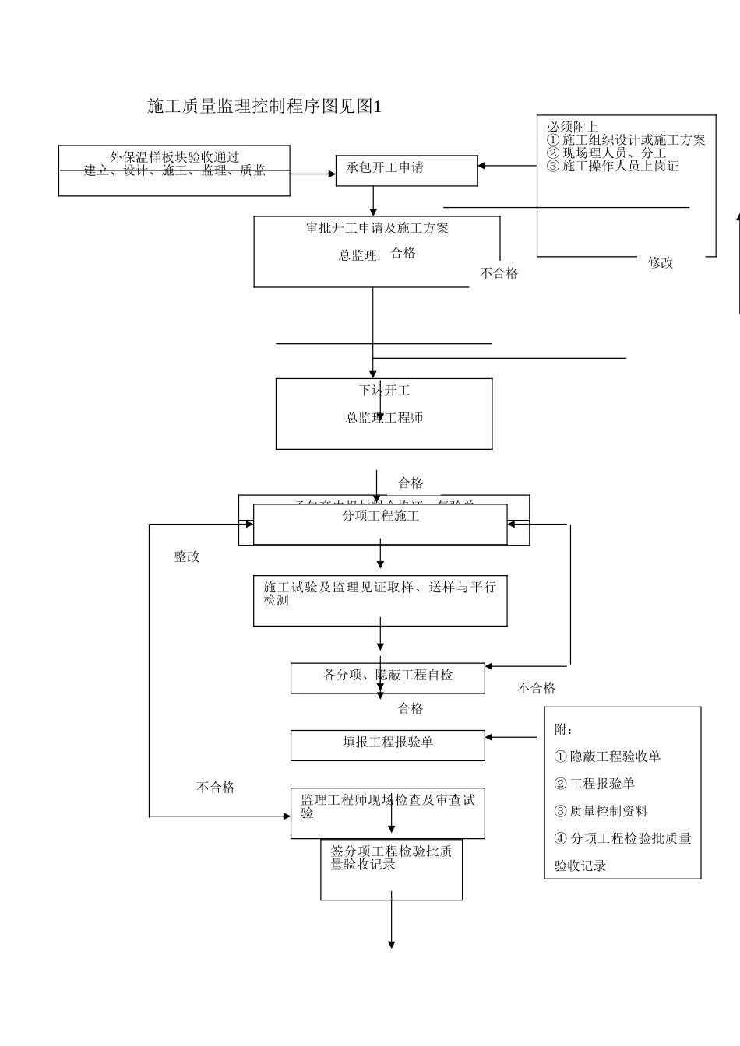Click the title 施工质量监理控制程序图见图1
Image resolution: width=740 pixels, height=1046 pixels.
[x=264, y=107]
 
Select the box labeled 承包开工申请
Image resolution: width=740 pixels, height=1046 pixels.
[x=406, y=170]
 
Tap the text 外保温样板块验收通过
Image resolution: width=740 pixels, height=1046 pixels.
[x=174, y=157]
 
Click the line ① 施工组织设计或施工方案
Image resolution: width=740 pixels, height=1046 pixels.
[x=626, y=140]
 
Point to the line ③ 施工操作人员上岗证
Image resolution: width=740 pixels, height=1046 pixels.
[x=613, y=166]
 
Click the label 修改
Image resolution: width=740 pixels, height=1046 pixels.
[x=660, y=263]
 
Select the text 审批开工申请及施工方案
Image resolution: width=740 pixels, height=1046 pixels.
[x=377, y=228]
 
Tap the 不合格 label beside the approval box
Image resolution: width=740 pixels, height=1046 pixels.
[x=499, y=273]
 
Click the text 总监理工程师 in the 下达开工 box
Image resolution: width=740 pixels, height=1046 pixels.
[x=384, y=418]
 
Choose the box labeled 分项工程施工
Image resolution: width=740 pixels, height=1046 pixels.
[x=380, y=524]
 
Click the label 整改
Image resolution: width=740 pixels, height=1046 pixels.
[x=187, y=557]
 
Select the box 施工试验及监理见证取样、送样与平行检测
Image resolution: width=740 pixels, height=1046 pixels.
[x=380, y=600]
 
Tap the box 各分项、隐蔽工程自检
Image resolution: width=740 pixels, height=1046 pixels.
[x=387, y=677]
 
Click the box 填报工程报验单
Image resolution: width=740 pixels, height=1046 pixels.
[x=387, y=745]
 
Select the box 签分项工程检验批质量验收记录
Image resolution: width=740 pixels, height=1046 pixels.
[x=391, y=869]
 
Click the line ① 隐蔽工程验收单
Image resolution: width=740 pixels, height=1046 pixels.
[x=608, y=756]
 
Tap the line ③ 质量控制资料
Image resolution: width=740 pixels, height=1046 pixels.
[x=601, y=811]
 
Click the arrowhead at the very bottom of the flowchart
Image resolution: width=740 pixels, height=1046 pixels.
[x=391, y=944]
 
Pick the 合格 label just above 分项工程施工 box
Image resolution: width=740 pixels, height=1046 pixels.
[x=411, y=483]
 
